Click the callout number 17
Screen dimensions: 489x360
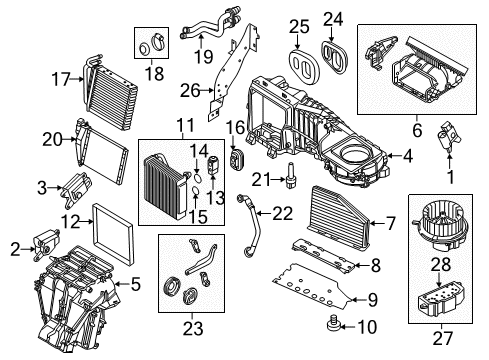coord(61,80)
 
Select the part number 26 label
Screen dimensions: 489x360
coord(190,90)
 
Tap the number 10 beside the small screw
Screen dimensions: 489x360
coord(367,327)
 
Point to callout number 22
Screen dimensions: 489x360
coord(282,213)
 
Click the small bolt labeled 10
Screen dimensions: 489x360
coord(332,323)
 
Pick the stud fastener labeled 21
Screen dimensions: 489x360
coord(291,175)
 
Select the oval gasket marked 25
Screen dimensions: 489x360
coord(304,67)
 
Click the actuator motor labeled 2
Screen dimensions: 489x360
coord(46,244)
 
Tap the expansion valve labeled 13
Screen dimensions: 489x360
coord(213,164)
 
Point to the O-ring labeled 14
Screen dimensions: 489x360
coord(197,178)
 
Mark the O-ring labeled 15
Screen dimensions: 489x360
coord(196,191)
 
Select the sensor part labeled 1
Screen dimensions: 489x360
coord(448,137)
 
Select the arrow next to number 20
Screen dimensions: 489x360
coord(70,139)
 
